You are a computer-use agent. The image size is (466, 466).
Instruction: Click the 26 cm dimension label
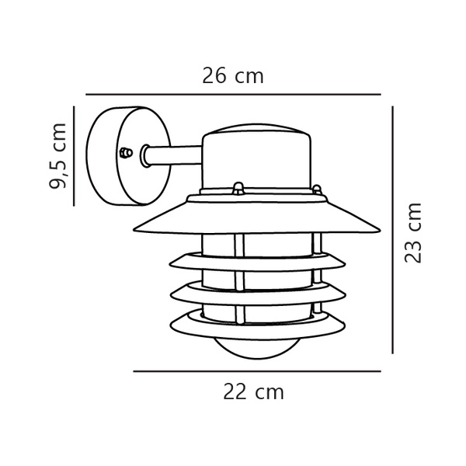(x=233, y=76)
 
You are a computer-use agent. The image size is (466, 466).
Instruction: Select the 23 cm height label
(x=415, y=232)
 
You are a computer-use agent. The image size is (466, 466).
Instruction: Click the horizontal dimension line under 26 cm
(x=233, y=94)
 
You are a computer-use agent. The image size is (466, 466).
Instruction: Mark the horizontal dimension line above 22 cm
(x=257, y=372)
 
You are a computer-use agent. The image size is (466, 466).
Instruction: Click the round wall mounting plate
(x=116, y=155)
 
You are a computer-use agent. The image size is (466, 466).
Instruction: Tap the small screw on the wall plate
(x=125, y=152)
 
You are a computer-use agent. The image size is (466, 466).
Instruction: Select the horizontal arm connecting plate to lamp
(x=175, y=157)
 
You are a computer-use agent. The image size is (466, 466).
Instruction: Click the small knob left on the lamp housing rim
(x=238, y=187)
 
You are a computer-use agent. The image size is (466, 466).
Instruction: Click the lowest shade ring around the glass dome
(x=257, y=320)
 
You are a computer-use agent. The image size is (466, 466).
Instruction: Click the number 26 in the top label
(x=215, y=76)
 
